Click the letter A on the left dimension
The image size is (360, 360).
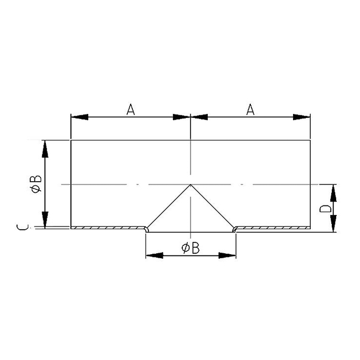(x=130, y=110)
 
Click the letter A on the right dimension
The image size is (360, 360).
(x=250, y=110)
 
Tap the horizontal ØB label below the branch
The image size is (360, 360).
(x=191, y=248)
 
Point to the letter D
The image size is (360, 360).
(x=327, y=209)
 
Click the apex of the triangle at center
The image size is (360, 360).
(x=191, y=184)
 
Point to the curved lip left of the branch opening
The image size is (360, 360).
(x=146, y=228)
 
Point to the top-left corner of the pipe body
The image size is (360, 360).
(x=71, y=140)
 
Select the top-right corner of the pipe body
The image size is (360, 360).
(x=310, y=140)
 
